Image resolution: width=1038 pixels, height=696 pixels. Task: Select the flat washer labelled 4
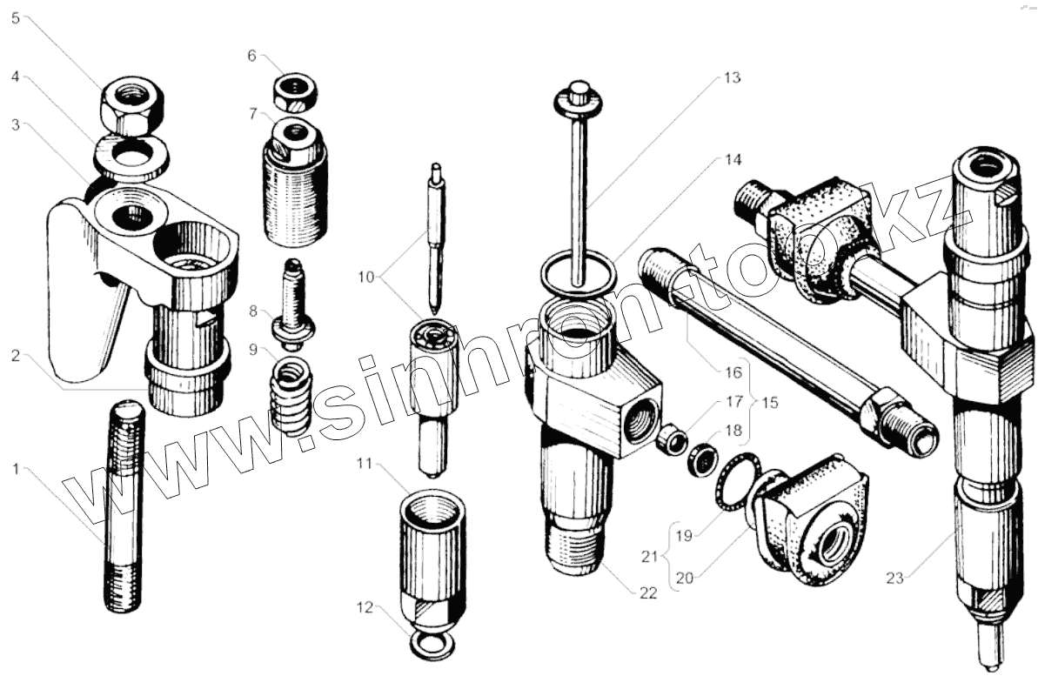(x=132, y=157)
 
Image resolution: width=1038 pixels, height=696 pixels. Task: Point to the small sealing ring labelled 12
(x=432, y=646)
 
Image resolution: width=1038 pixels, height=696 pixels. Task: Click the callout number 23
(x=894, y=579)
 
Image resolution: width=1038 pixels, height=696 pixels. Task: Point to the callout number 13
(x=732, y=77)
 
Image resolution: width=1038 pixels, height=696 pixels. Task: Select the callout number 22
(x=648, y=592)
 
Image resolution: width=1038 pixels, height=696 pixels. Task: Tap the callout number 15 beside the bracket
(x=770, y=403)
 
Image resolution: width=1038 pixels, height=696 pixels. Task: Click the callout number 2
(x=16, y=356)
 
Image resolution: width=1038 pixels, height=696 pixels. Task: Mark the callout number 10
(x=366, y=277)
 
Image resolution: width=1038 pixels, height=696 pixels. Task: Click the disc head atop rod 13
(x=579, y=97)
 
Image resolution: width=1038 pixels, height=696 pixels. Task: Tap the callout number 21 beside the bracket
(x=650, y=556)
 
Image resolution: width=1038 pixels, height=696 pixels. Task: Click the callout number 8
(x=253, y=311)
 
